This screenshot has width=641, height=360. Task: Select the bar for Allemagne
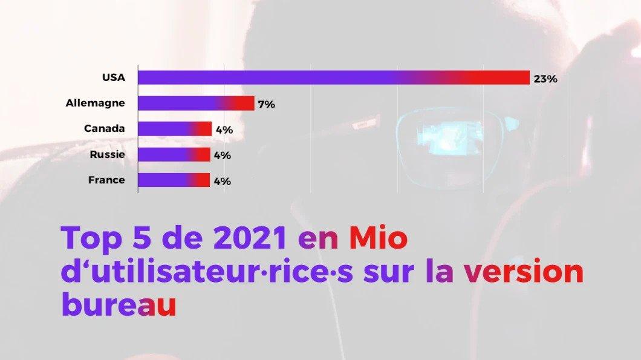pyautogui.click(x=196, y=103)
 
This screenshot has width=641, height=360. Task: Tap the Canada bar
pyautogui.click(x=175, y=129)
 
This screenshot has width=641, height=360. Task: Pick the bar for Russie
pyautogui.click(x=174, y=154)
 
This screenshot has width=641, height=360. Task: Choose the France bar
pyautogui.click(x=174, y=180)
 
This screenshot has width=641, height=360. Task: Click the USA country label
pyautogui.click(x=114, y=77)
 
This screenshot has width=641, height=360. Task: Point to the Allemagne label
pyautogui.click(x=96, y=103)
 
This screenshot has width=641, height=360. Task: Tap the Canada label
pyautogui.click(x=105, y=129)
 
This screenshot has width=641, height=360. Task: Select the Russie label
pyautogui.click(x=107, y=154)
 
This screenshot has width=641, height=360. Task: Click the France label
pyautogui.click(x=106, y=180)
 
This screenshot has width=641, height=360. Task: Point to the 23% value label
pyautogui.click(x=545, y=79)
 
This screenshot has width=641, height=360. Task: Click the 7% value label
pyautogui.click(x=266, y=105)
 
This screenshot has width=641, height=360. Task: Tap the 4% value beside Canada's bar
pyautogui.click(x=224, y=129)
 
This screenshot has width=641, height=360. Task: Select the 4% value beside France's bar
pyautogui.click(x=222, y=181)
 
